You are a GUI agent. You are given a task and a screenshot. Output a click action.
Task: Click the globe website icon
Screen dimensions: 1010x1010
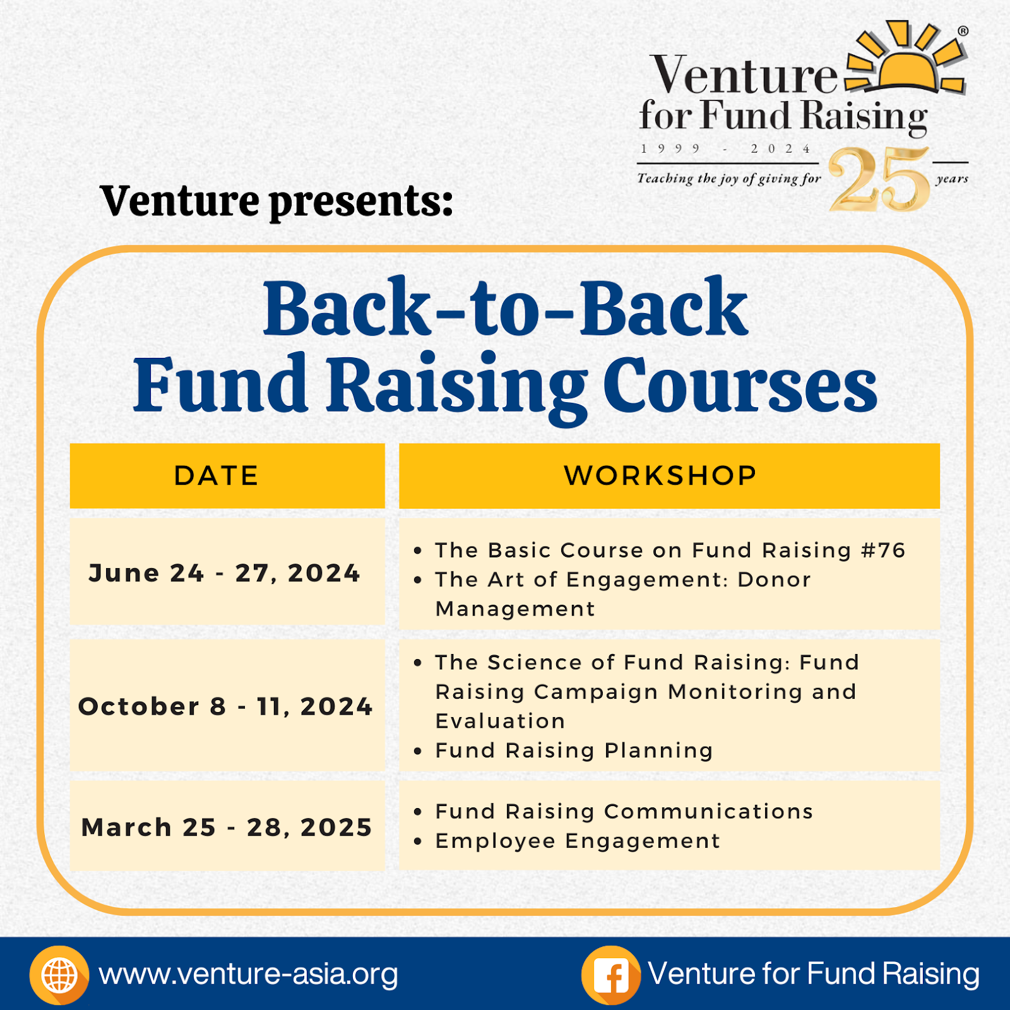tap(59, 975)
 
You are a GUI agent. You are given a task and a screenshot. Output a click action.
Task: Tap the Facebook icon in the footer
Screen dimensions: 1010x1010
tap(610, 975)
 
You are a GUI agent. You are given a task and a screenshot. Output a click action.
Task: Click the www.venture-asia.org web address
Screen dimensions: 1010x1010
tap(249, 975)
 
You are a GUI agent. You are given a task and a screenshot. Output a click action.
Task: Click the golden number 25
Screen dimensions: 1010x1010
tap(880, 180)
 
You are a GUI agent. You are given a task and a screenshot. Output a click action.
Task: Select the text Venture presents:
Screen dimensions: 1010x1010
tap(276, 201)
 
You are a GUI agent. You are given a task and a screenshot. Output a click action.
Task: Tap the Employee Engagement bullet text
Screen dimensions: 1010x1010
tap(578, 841)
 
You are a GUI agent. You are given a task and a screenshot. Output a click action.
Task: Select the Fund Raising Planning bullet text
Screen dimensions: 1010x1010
tap(574, 751)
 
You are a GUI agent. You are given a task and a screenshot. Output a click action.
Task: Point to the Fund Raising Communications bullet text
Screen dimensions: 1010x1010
tap(624, 812)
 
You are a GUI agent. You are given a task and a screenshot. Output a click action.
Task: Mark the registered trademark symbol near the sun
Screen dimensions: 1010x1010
tap(963, 31)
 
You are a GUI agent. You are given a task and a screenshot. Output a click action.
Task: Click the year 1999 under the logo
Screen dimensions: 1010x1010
tap(670, 149)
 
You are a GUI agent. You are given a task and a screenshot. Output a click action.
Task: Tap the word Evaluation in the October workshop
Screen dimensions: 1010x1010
tap(500, 721)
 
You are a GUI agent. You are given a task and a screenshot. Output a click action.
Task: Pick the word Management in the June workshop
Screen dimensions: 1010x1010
tap(515, 609)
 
